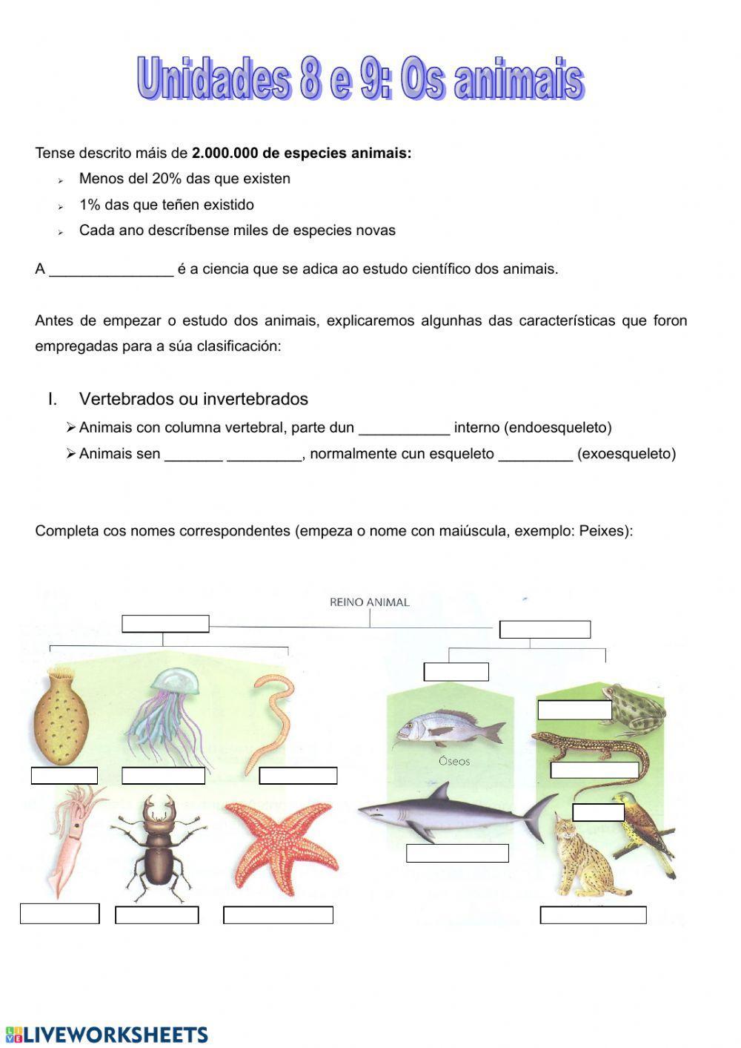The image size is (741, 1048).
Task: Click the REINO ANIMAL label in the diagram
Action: tap(369, 602)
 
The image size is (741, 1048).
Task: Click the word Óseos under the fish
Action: tap(453, 761)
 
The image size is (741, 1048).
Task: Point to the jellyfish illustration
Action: tap(167, 712)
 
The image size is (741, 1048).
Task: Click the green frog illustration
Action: tap(634, 708)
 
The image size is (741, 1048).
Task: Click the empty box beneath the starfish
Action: tap(278, 914)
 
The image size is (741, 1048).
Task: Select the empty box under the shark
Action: tap(457, 853)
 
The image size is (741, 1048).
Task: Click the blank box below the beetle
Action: tap(157, 914)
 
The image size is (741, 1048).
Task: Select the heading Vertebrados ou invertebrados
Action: tap(193, 399)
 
